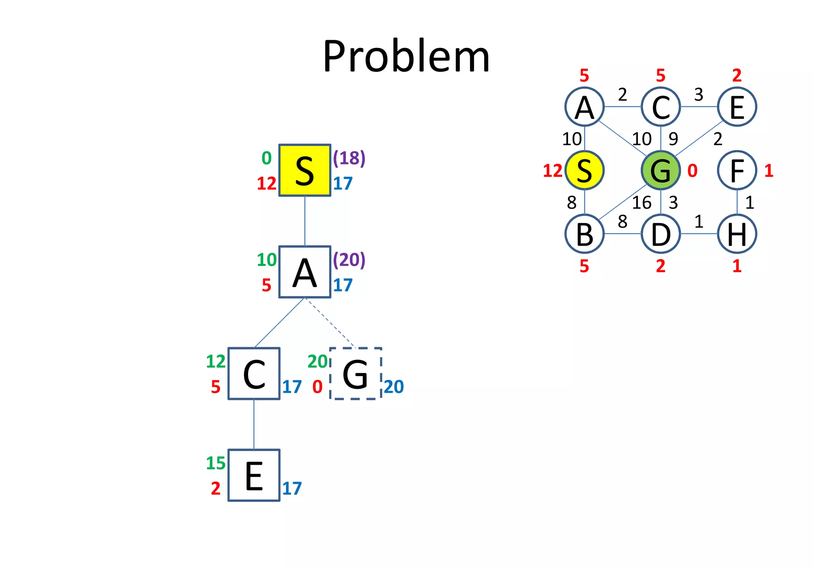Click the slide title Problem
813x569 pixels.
[406, 56]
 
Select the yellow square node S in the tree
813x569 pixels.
[304, 170]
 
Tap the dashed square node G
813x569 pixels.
[355, 374]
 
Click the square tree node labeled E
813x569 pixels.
[254, 475]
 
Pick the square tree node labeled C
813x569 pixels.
[254, 374]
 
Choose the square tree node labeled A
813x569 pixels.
[304, 272]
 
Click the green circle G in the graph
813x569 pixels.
[661, 170]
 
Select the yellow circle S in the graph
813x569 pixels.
[584, 170]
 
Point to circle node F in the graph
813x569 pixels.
[737, 170]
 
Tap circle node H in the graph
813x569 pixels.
[737, 234]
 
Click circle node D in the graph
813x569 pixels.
[661, 234]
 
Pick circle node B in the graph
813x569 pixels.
[584, 234]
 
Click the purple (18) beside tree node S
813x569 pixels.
[349, 158]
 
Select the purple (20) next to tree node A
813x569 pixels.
[349, 260]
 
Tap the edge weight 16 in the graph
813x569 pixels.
[642, 203]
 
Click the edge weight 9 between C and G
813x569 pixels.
[673, 139]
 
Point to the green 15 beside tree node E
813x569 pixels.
[216, 463]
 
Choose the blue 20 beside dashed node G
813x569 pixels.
[394, 387]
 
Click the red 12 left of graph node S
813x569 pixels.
[553, 171]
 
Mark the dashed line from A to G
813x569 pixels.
[329, 322]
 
